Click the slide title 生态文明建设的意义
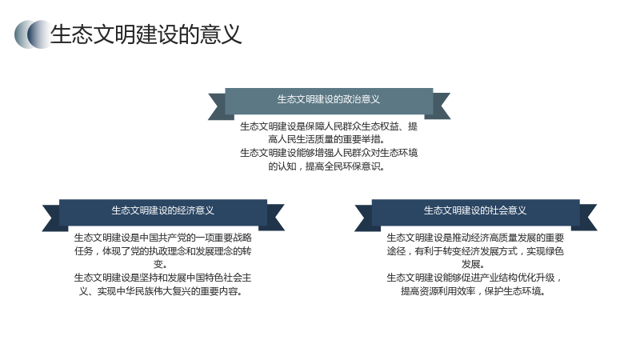click(146, 34)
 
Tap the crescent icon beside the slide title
click(32, 34)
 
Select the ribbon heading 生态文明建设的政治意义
click(329, 99)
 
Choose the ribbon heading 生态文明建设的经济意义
click(163, 210)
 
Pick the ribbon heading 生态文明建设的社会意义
click(475, 210)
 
